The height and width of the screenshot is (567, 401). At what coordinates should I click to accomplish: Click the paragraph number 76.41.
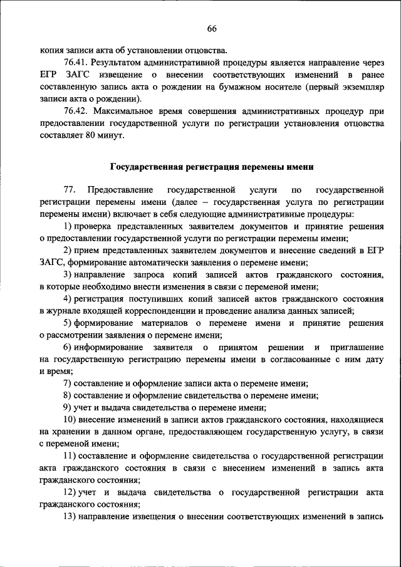(75, 63)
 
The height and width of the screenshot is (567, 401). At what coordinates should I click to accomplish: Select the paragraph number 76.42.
(75, 112)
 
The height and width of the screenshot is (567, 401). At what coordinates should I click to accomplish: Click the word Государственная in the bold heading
(146, 167)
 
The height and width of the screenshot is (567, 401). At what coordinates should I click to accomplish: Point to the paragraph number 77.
(69, 189)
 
